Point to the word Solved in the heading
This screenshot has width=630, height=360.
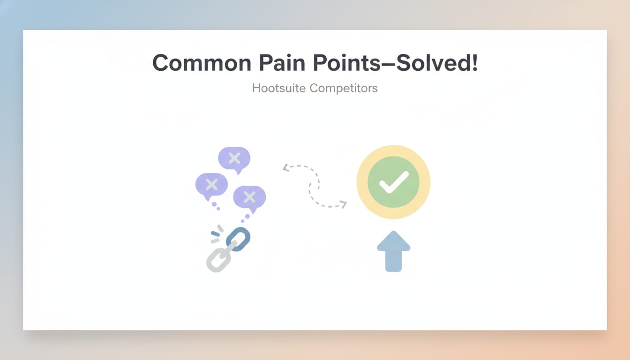pyautogui.click(x=431, y=63)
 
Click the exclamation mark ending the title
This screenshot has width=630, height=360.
pyautogui.click(x=474, y=62)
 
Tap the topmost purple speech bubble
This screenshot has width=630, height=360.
pyautogui.click(x=234, y=158)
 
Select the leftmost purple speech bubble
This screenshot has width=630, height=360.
pyautogui.click(x=211, y=184)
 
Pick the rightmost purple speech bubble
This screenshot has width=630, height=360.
pyautogui.click(x=249, y=196)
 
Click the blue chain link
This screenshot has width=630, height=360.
pyautogui.click(x=239, y=239)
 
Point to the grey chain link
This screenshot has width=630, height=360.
pyautogui.click(x=218, y=258)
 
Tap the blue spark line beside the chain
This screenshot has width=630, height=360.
pyautogui.click(x=215, y=233)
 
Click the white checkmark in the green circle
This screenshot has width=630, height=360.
pyautogui.click(x=393, y=182)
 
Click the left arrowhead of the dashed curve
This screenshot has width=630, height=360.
pyautogui.click(x=285, y=168)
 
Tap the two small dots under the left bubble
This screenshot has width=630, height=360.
pyautogui.click(x=216, y=206)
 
